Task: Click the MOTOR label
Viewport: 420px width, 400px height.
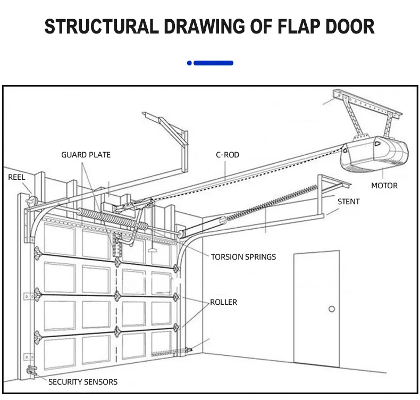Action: tap(384, 186)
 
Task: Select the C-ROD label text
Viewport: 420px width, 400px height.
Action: tap(227, 155)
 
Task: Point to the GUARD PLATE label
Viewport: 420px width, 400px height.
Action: tap(86, 155)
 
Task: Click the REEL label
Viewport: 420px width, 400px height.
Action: tap(16, 177)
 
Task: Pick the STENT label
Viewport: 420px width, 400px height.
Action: tap(348, 202)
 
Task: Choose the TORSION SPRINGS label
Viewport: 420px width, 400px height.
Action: tap(243, 257)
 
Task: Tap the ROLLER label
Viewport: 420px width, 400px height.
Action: tap(223, 302)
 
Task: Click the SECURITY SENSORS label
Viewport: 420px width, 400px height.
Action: tap(83, 382)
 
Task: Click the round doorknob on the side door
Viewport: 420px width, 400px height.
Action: tap(331, 309)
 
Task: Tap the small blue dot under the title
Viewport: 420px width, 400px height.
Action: tap(189, 63)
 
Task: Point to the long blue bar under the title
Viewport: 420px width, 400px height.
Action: tap(214, 63)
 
